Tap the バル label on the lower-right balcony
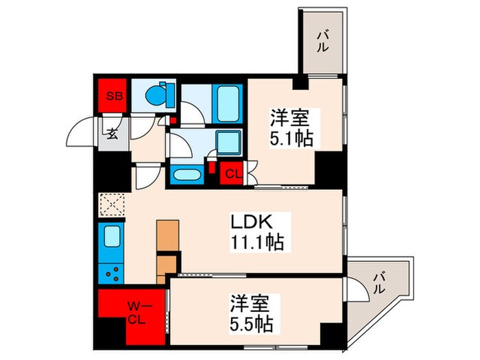tap(378, 282)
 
